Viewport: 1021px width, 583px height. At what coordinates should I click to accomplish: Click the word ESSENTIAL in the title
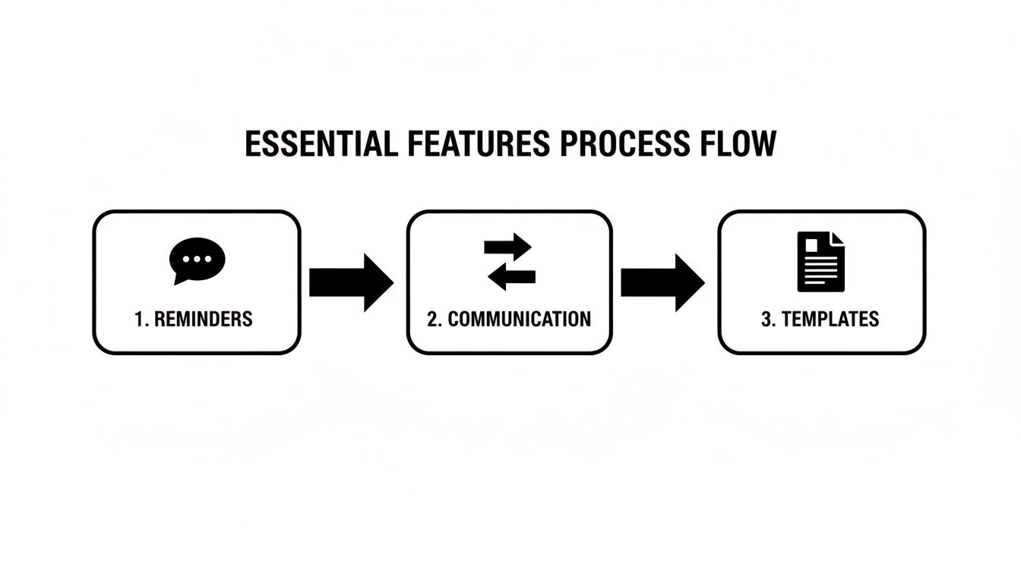pyautogui.click(x=320, y=144)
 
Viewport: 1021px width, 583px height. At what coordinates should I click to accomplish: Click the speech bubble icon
pyautogui.click(x=197, y=260)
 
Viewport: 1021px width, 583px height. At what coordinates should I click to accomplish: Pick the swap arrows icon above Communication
pyautogui.click(x=510, y=262)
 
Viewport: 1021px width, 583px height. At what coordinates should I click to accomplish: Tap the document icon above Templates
pyautogui.click(x=820, y=261)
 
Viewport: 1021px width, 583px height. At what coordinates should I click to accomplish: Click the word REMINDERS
pyautogui.click(x=203, y=319)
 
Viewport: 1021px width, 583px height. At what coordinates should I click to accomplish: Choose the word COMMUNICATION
pyautogui.click(x=519, y=319)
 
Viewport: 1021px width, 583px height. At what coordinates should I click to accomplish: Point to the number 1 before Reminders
pyautogui.click(x=139, y=319)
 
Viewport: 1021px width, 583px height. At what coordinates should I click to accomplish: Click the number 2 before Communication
pyautogui.click(x=432, y=319)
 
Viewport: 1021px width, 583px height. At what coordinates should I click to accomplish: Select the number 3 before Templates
pyautogui.click(x=766, y=319)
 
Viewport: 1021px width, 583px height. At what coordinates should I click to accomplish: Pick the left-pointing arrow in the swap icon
pyautogui.click(x=510, y=277)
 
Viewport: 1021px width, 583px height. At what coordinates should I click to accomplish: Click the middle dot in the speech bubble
pyautogui.click(x=198, y=258)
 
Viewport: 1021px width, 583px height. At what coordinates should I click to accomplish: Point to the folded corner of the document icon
pyautogui.click(x=836, y=238)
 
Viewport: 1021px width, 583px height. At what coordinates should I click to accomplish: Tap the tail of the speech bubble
pyautogui.click(x=179, y=279)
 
